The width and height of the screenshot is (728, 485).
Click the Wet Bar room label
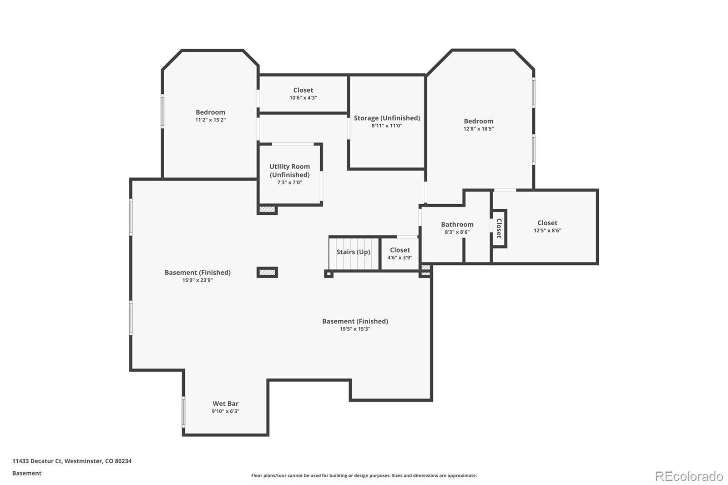click(225, 404)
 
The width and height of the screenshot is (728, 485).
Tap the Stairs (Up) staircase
click(354, 253)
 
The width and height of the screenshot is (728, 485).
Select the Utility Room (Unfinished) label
click(289, 171)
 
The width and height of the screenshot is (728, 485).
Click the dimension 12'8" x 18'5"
click(478, 129)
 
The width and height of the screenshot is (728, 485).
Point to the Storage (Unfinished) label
click(387, 118)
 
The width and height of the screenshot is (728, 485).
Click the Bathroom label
click(457, 224)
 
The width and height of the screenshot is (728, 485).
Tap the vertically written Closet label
click(499, 228)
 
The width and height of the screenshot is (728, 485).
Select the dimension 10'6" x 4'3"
click(303, 98)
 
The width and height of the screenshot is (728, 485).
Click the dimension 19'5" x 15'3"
click(355, 329)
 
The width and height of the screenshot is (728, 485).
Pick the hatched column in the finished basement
click(267, 273)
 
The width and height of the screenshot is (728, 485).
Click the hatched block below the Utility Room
click(267, 210)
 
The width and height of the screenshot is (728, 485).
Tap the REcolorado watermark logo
click(688, 476)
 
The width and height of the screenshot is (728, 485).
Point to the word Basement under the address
click(27, 473)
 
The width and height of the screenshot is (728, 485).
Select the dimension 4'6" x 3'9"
click(399, 258)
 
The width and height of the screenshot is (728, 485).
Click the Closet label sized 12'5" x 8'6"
click(547, 223)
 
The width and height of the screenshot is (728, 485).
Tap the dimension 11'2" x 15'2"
click(210, 120)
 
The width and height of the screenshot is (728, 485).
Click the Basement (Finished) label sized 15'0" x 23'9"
click(197, 273)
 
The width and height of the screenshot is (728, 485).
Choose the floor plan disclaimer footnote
click(364, 475)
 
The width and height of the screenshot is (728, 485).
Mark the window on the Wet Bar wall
click(183, 412)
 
